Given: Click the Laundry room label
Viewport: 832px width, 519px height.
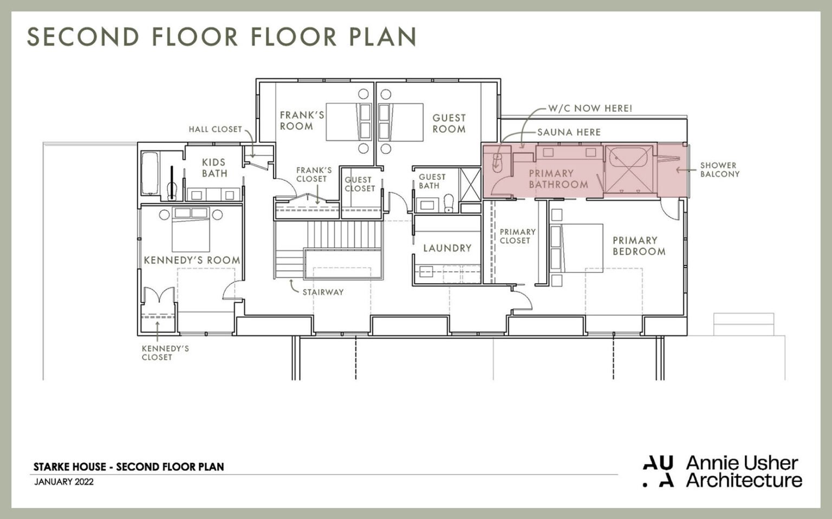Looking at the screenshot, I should (x=447, y=248).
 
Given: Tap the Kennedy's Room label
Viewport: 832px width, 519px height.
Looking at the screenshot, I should (x=192, y=261).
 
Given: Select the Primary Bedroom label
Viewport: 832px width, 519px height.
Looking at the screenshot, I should (x=639, y=246).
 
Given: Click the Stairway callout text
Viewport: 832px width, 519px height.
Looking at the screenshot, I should (x=323, y=292).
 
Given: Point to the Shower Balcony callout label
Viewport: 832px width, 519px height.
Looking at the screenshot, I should (x=719, y=170).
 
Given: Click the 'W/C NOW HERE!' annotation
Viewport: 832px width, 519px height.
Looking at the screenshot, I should (x=590, y=108).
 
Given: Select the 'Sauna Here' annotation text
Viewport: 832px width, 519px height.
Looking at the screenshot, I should (x=569, y=132).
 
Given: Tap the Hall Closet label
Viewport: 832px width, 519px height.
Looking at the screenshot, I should (x=215, y=129).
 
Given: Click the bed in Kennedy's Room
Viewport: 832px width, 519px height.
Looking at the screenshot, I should (x=191, y=228).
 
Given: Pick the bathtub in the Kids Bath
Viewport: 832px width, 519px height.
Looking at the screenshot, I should (x=149, y=173).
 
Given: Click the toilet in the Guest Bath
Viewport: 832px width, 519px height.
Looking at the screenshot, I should (x=448, y=204).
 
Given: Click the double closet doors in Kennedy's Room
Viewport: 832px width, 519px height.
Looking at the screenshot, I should (x=158, y=297).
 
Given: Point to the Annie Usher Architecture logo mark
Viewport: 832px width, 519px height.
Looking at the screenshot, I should (x=658, y=471).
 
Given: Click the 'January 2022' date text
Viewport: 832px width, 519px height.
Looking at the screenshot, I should (x=63, y=482).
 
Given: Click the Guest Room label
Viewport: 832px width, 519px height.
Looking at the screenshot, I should (x=448, y=124).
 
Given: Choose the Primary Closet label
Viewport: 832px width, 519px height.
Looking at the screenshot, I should (x=517, y=236).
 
